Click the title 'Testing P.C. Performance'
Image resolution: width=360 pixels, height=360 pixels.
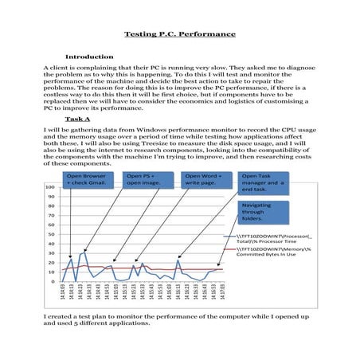pyautogui.click(x=180, y=34)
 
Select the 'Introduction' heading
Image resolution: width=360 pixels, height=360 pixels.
pyautogui.click(x=90, y=57)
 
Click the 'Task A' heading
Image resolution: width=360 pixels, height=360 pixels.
pyautogui.click(x=81, y=118)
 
